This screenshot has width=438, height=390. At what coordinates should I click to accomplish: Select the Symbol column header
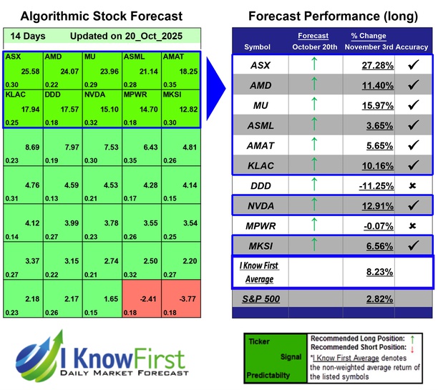pyautogui.click(x=258, y=47)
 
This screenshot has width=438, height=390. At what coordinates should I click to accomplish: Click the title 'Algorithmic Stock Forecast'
pyautogui.click(x=101, y=15)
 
